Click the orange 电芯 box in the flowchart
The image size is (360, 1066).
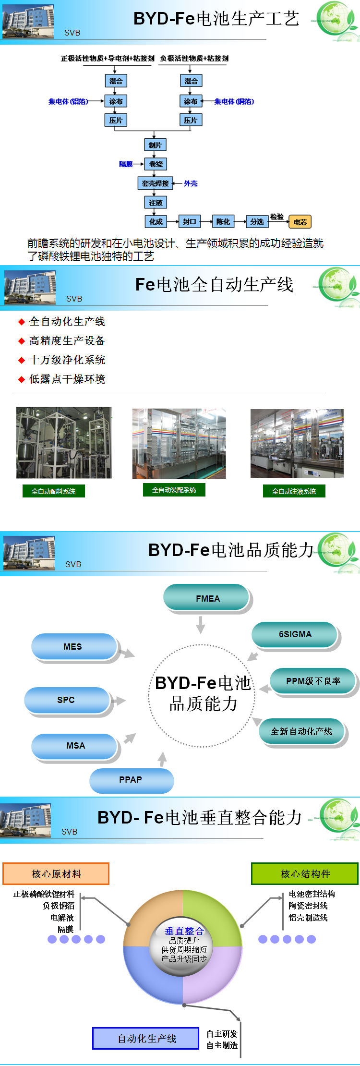[300, 222]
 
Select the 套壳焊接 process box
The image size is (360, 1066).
[155, 183]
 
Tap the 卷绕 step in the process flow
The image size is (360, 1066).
[156, 164]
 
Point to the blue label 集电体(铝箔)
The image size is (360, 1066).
[68, 101]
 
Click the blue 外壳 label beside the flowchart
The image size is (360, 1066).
[191, 183]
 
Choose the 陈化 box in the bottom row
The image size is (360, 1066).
[223, 221]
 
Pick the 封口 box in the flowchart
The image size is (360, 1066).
[189, 221]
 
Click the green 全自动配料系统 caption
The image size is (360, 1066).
[54, 491]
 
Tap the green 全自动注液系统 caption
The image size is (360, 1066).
[294, 491]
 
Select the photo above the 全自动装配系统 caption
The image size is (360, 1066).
[179, 443]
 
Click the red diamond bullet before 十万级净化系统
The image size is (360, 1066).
[21, 360]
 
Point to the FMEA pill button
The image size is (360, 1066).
[207, 598]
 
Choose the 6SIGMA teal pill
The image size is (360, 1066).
[295, 634]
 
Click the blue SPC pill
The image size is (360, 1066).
[66, 700]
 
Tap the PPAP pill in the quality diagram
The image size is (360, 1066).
[131, 780]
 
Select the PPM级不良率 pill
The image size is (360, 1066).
[313, 681]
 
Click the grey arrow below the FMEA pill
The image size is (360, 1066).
[201, 625]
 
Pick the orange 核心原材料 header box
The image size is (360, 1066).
[56, 874]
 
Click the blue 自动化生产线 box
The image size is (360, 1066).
[146, 1039]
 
